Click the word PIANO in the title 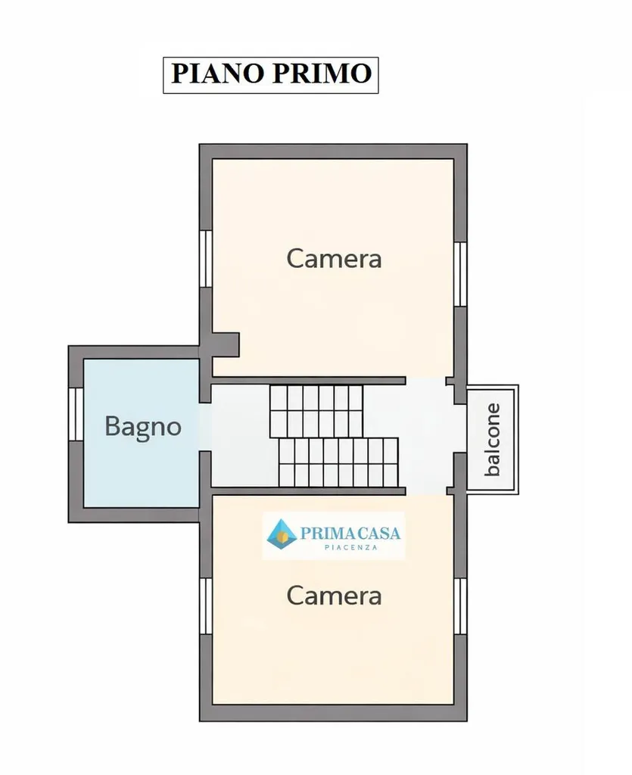click(217, 73)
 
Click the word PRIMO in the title click(322, 73)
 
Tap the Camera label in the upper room click(334, 259)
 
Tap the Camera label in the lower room click(334, 595)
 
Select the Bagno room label click(143, 427)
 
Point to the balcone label click(492, 440)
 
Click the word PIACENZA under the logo click(351, 547)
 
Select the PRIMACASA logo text click(350, 534)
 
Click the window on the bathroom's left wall click(76, 414)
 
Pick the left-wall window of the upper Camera click(206, 259)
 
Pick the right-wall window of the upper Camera click(460, 274)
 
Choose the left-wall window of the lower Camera click(206, 606)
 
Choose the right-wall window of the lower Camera click(460, 606)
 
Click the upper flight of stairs click(316, 411)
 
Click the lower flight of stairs click(338, 462)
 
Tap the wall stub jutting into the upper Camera click(226, 344)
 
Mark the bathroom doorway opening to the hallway click(206, 427)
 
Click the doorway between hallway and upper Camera click(426, 381)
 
